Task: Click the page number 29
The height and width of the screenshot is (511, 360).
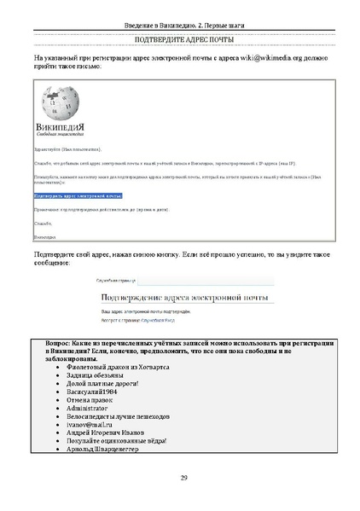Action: click(x=180, y=477)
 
